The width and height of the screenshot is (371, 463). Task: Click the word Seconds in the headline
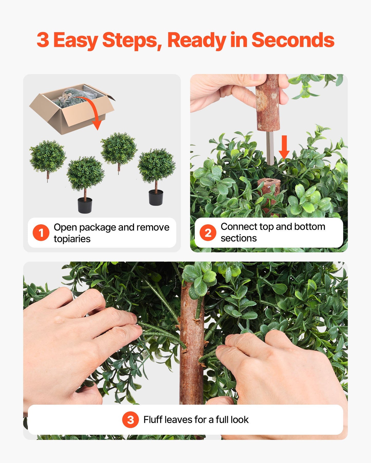click(x=293, y=40)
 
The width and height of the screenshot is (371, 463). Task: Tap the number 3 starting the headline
click(x=43, y=40)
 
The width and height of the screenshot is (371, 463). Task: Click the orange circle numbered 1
click(x=41, y=233)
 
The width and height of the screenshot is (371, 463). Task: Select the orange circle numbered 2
click(x=208, y=233)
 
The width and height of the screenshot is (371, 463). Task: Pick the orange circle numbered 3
click(x=130, y=420)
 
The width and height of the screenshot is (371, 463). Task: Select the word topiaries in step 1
click(x=72, y=239)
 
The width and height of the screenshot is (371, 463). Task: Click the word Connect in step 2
click(x=239, y=227)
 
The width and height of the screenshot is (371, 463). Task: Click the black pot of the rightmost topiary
click(x=156, y=198)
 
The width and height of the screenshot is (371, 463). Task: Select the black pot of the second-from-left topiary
click(x=85, y=206)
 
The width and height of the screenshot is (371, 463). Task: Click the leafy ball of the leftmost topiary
click(x=47, y=156)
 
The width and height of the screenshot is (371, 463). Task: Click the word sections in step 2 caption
click(x=239, y=238)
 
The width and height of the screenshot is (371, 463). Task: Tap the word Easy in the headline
click(x=75, y=40)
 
